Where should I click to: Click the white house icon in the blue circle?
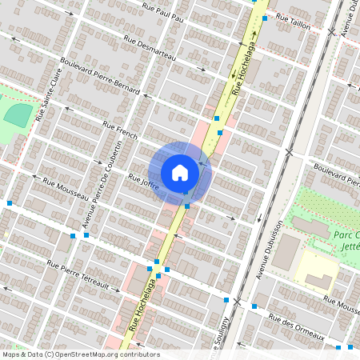(x=180, y=172)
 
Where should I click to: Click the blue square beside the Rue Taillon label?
(x=265, y=18)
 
